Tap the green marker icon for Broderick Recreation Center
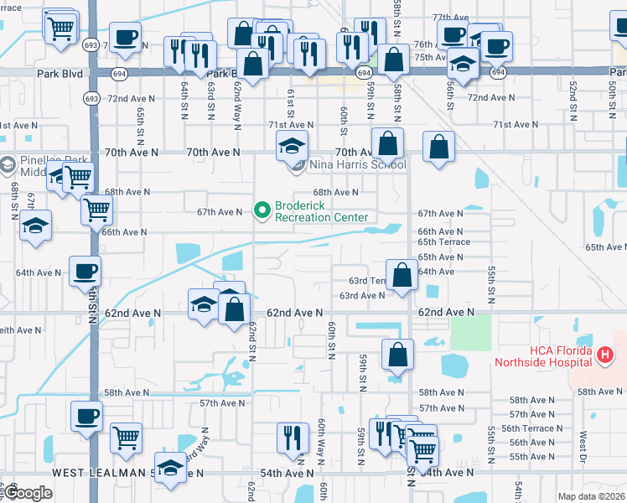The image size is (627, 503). coord(262,208)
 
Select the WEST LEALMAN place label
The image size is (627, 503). coord(101,473)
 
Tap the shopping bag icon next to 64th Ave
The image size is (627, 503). coord(402,276)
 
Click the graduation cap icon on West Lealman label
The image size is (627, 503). coord(170,469)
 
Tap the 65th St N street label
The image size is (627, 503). coord(140,122)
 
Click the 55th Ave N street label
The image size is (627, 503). coord(531,457)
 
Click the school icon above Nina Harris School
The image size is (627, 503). coord(291,148)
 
